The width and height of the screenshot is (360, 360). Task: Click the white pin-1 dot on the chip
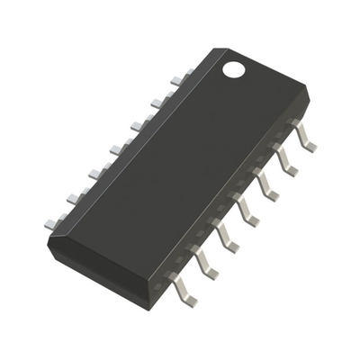click(x=235, y=67)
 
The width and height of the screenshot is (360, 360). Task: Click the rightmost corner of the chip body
click(x=309, y=91)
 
